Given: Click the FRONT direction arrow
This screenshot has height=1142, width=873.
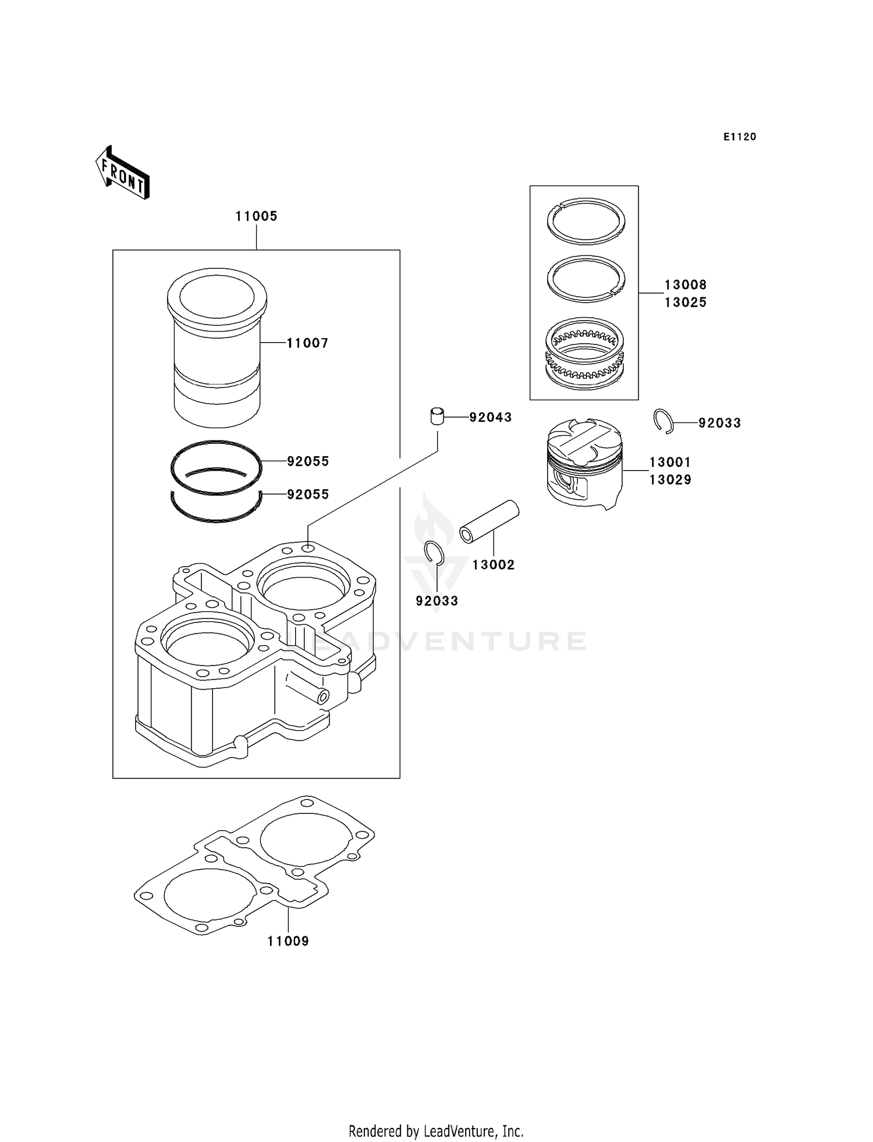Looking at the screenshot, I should click(x=123, y=173).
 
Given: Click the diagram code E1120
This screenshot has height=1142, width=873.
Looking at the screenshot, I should click(x=740, y=137).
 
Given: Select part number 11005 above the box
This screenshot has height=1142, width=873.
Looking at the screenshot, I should click(x=256, y=216).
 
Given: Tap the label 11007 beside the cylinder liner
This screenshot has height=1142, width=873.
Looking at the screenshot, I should click(x=307, y=343).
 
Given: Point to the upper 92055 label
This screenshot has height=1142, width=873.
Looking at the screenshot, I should click(x=308, y=461).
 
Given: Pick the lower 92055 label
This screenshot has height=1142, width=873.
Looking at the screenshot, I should click(x=308, y=494).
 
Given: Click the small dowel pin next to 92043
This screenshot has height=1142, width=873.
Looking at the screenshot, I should click(x=437, y=417).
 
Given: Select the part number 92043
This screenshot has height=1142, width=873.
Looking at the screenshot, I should click(x=491, y=417).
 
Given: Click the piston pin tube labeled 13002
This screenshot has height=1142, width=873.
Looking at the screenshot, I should click(x=489, y=522).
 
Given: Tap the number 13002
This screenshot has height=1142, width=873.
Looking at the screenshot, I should click(x=494, y=565).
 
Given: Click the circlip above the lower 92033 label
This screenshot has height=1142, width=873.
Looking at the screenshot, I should click(x=434, y=553).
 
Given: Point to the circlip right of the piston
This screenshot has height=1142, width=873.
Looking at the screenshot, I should click(x=663, y=421).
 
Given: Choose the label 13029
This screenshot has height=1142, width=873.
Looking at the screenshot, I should click(x=670, y=480).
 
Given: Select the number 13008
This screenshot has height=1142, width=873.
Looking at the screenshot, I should click(x=686, y=285).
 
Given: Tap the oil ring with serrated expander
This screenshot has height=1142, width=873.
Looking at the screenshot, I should click(x=584, y=353).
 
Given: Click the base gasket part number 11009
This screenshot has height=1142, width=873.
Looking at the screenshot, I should click(x=288, y=941).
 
